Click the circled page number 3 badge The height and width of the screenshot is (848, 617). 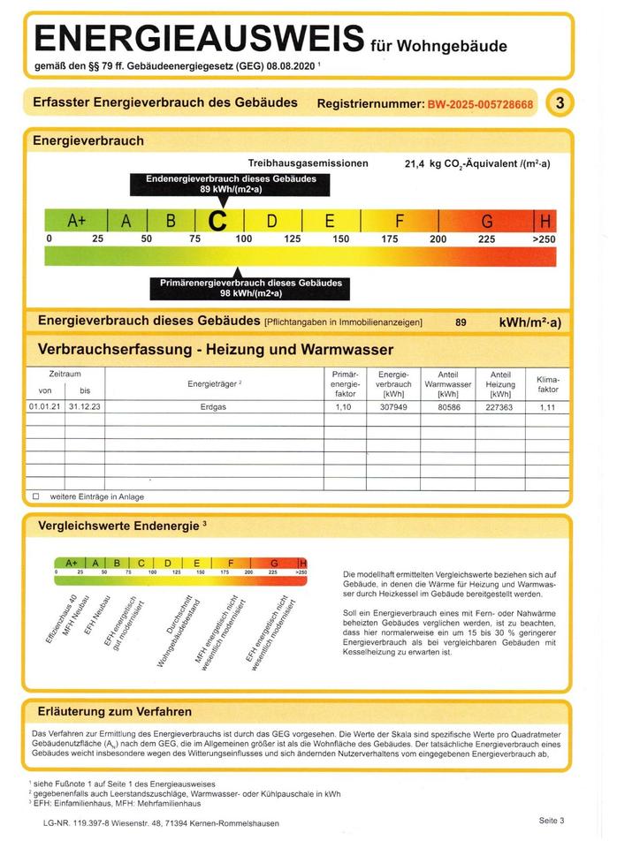click(560, 103)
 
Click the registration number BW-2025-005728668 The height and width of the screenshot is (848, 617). click(480, 104)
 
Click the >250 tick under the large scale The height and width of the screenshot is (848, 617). click(545, 238)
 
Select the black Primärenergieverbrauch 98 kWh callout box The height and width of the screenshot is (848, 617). click(249, 288)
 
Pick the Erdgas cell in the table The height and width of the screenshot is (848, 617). click(214, 407)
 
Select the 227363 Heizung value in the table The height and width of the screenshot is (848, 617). click(500, 407)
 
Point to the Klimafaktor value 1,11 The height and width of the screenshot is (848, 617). click(548, 407)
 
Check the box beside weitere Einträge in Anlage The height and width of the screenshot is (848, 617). click(36, 496)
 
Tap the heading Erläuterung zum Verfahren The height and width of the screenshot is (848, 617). click(115, 711)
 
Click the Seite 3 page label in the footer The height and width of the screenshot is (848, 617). click(551, 821)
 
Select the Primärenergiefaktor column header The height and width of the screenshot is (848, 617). click(345, 383)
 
